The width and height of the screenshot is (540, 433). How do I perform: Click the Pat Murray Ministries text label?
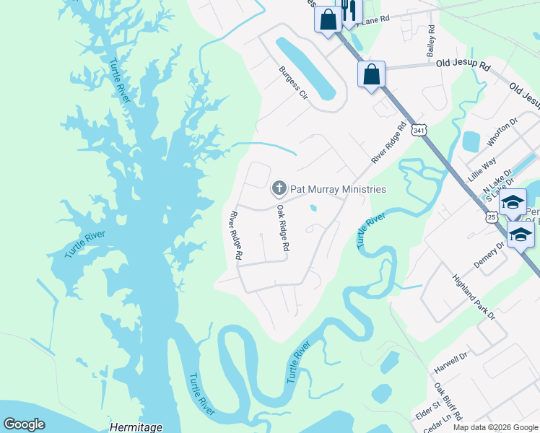338,189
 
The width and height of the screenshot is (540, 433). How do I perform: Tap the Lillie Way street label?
484,172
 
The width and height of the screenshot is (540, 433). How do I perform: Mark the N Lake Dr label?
497,181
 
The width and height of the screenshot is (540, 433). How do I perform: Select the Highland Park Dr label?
474,297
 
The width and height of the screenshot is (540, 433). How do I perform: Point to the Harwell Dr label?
451,362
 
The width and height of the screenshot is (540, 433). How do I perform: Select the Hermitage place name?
136,427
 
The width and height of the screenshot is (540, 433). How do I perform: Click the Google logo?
25,424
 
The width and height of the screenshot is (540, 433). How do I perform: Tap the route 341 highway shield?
418,130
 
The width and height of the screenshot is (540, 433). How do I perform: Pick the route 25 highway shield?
491,217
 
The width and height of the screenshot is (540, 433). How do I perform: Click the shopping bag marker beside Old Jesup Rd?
371,74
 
